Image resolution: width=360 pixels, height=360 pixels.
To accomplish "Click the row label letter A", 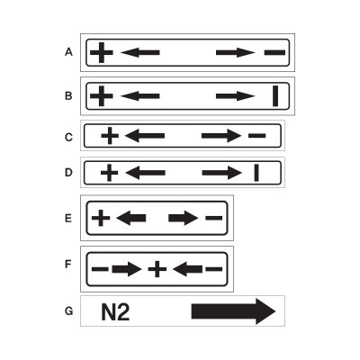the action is point(68,52).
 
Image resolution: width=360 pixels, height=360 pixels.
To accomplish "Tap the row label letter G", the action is point(68,311).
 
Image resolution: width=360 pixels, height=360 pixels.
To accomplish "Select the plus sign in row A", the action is point(102,53).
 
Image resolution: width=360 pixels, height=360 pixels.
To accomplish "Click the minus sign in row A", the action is point(274,53).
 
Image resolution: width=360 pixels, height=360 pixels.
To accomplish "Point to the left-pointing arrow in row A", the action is point(140,53).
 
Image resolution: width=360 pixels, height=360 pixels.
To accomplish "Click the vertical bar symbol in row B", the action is point(275,96).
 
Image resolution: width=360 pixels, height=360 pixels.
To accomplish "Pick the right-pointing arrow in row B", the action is point(236,96).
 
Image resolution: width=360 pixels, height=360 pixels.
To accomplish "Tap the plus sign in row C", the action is point(110,136).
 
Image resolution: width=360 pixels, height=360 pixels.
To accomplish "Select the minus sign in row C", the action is point(257,136).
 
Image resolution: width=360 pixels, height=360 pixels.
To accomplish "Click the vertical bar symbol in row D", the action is point(256,173).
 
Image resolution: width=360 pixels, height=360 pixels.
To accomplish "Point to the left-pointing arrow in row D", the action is point(145,173).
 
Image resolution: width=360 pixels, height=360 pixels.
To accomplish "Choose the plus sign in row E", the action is point(101,218).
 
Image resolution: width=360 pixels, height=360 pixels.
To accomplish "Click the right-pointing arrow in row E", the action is point(184,218).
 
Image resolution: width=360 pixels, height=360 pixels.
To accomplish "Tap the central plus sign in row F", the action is point(157,269).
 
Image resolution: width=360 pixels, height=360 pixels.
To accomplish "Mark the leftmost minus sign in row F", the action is point(100,269).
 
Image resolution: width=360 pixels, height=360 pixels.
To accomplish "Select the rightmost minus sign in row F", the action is point(214,269).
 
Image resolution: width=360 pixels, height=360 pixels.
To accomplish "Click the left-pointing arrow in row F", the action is point(187,269).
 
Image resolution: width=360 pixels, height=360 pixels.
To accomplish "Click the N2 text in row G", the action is point(115,312).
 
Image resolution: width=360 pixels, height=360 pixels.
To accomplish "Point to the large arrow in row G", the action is point(233,311).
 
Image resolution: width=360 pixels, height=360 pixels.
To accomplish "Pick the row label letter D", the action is point(68,173).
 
